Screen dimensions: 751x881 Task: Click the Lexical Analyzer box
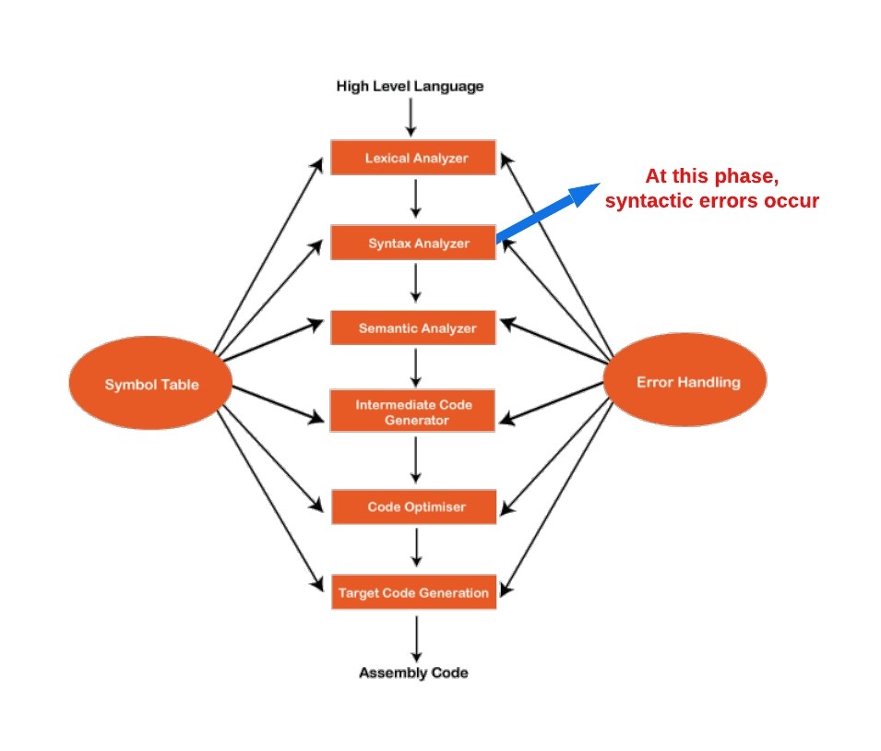tap(413, 158)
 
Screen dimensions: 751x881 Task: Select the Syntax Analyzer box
tap(413, 244)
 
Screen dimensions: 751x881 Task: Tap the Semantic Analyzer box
tap(413, 328)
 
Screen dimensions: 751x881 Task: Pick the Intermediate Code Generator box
tap(413, 411)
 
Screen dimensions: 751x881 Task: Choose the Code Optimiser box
tap(413, 507)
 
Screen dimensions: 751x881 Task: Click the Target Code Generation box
tap(413, 592)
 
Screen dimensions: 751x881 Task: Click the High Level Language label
tap(410, 87)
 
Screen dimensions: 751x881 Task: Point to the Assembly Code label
tap(413, 673)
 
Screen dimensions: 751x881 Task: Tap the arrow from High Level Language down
tap(411, 116)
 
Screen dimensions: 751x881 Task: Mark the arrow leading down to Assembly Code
tap(416, 636)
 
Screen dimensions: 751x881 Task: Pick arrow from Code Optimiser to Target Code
tap(416, 549)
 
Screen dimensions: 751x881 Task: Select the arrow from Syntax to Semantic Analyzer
tap(416, 284)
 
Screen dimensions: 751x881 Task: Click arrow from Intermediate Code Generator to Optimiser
tap(416, 459)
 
